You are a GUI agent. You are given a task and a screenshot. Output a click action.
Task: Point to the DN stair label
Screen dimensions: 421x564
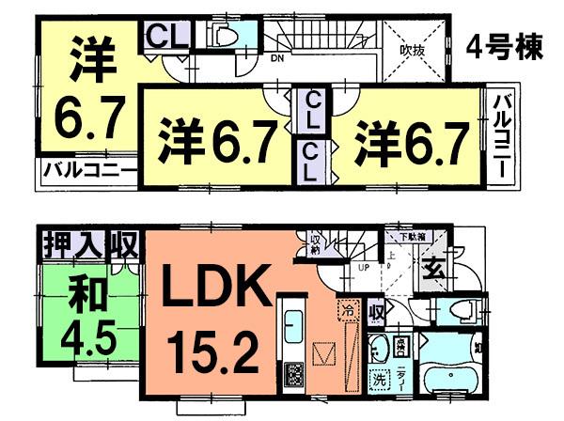tap(278, 58)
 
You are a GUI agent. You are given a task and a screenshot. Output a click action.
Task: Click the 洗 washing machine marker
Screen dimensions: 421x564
tap(378, 382)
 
